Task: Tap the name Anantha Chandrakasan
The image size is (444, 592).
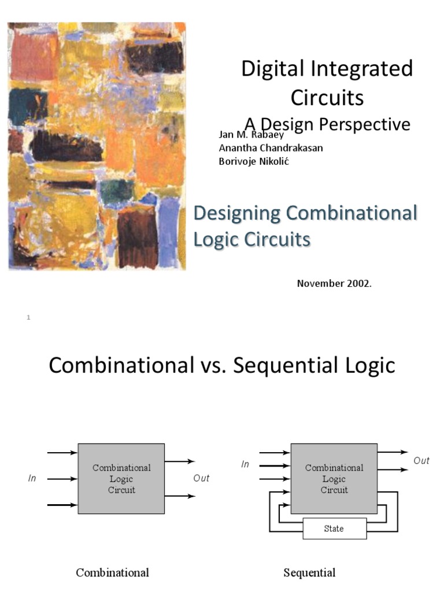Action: [x=271, y=148]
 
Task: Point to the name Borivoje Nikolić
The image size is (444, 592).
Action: [x=253, y=161]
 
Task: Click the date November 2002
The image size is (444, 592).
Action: [x=334, y=283]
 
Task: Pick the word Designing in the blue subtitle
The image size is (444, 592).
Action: [x=237, y=213]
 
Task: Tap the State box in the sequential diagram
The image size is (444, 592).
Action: [x=334, y=528]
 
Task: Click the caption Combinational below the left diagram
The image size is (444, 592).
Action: [x=113, y=573]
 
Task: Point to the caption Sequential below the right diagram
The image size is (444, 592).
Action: [x=309, y=573]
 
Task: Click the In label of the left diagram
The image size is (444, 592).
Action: [x=32, y=479]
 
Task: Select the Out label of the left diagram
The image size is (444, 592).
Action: [x=201, y=479]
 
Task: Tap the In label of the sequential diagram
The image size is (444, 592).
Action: [x=245, y=464]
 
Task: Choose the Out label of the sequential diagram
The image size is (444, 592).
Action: [x=421, y=461]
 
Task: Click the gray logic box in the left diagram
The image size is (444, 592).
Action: [x=121, y=479]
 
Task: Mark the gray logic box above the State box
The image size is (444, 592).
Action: [x=334, y=479]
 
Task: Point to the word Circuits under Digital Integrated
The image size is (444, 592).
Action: [x=327, y=98]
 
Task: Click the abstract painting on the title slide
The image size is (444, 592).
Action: [x=97, y=146]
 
